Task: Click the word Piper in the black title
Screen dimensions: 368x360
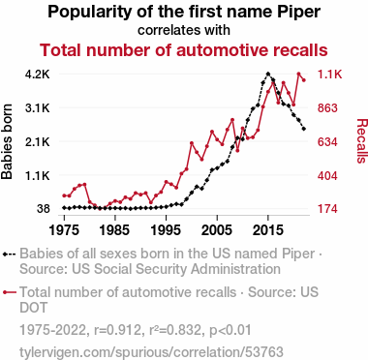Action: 298,12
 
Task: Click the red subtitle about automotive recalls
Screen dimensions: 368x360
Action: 184,50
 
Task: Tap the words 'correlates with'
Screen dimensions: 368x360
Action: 184,30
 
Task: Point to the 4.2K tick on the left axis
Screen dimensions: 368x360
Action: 38,75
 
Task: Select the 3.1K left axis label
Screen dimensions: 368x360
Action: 38,108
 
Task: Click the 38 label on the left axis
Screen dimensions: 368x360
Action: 44,209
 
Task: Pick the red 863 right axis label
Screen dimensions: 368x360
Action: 327,108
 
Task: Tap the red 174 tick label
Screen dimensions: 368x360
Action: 327,209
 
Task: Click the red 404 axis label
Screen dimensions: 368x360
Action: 327,176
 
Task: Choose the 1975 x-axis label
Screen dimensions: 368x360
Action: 64,230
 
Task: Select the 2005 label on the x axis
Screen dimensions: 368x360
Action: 217,230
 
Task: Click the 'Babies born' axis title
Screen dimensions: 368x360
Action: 7,141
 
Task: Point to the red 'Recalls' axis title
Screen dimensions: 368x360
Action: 361,141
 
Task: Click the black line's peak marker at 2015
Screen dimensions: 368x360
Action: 267,74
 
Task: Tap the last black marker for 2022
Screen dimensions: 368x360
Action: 304,129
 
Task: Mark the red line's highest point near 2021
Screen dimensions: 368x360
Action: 298,74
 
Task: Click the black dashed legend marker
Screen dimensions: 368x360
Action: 9,254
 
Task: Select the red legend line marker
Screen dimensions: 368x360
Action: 9,292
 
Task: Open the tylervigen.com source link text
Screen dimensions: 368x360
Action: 151,352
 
